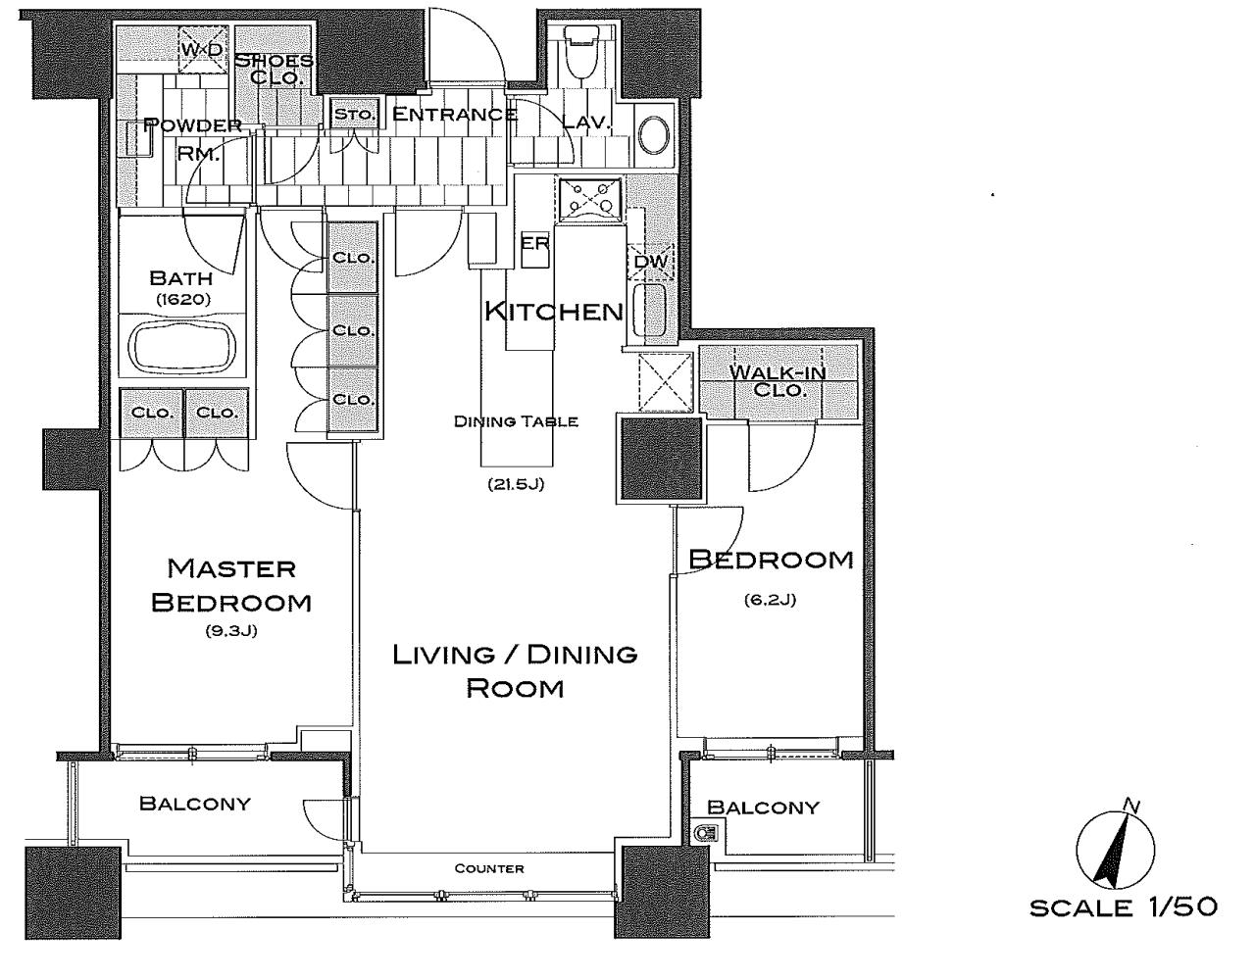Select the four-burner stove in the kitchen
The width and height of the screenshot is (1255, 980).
point(589,199)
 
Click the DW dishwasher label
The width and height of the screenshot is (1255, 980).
point(650,262)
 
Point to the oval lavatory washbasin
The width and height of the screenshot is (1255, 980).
point(654,135)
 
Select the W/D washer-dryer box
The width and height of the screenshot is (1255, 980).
point(202,50)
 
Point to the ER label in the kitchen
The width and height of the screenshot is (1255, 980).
point(534,243)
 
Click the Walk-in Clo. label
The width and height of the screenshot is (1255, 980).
point(778,381)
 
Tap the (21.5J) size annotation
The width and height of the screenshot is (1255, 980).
point(516,484)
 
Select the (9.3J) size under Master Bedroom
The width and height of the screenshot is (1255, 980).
point(231,631)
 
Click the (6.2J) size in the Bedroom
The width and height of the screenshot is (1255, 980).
point(770,600)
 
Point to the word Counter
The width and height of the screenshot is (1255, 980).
point(489,868)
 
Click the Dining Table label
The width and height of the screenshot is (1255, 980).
point(516,421)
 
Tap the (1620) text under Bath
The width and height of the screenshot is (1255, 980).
point(183,299)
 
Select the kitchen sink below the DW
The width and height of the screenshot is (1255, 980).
point(650,310)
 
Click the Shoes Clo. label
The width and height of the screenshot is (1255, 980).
point(275,69)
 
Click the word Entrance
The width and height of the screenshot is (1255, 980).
point(455,114)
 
